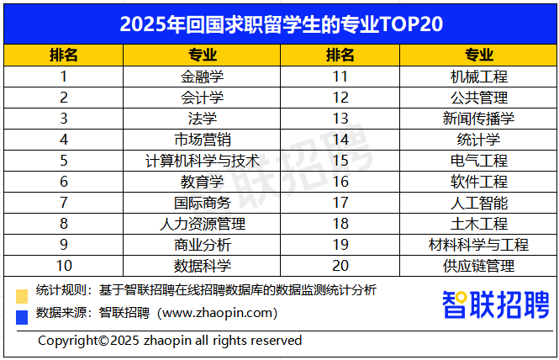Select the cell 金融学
pyautogui.click(x=203, y=77)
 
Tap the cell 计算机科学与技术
pyautogui.click(x=203, y=161)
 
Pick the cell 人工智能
pyautogui.click(x=479, y=203)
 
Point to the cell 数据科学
pyautogui.click(x=203, y=266)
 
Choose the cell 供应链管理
pyautogui.click(x=479, y=266)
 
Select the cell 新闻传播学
pyautogui.click(x=479, y=119)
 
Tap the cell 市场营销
pyautogui.click(x=203, y=140)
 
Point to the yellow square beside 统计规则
pyautogui.click(x=23, y=295)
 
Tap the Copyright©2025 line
pyautogui.click(x=170, y=341)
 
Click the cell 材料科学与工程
pyautogui.click(x=479, y=245)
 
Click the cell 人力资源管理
pyautogui.click(x=203, y=224)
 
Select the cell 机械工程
pyautogui.click(x=479, y=77)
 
